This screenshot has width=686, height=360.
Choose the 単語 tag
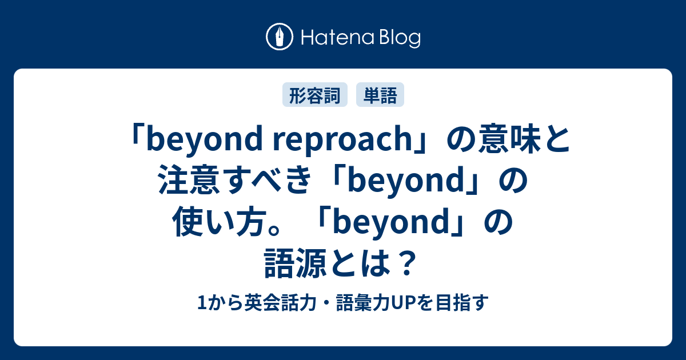380,95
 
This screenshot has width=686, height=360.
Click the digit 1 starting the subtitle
199,303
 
